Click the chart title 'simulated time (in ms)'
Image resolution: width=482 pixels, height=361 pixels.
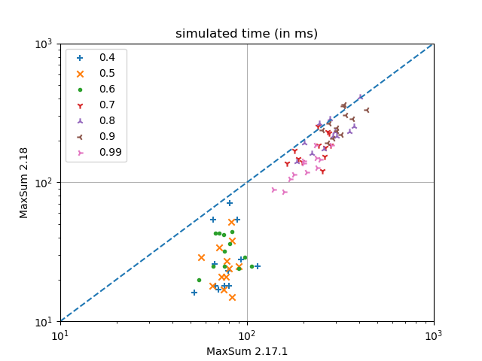click(246, 33)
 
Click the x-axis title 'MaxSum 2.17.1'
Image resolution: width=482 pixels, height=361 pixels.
click(247, 351)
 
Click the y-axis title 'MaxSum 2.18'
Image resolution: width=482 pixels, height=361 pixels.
click(24, 183)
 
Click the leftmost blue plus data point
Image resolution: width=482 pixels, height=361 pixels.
click(194, 293)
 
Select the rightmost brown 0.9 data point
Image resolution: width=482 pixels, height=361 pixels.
click(366, 110)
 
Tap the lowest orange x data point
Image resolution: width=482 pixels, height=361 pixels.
click(232, 297)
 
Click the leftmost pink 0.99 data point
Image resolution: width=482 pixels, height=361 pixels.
click(273, 190)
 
